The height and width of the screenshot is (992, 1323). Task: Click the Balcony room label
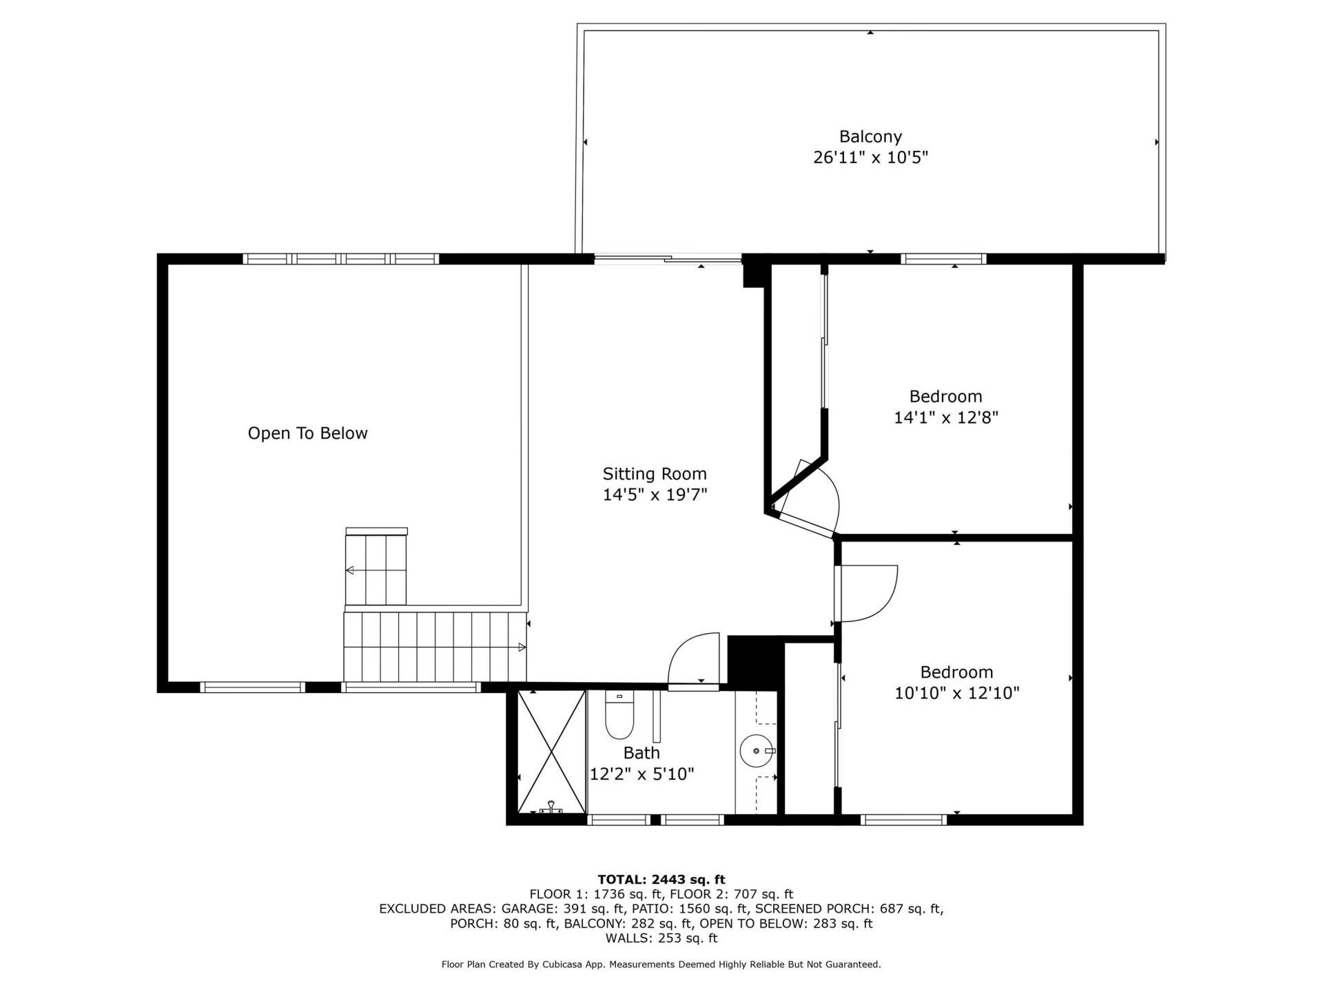coord(870,136)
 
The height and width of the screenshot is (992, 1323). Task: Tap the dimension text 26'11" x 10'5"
coord(870,158)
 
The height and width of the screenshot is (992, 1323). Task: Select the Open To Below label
coord(307,433)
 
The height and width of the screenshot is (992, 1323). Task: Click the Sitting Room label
coord(655,474)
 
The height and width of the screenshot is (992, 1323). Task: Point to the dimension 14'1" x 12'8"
coord(945,417)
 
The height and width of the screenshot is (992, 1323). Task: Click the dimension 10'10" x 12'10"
coord(956,693)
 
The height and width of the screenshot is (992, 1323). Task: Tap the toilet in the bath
coord(619,716)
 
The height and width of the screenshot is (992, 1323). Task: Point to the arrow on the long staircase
coord(522,648)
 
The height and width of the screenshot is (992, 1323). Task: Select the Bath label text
coord(642,753)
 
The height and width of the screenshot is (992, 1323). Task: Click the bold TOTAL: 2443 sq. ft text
coord(661,880)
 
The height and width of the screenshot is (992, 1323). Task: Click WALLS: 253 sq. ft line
coord(661,938)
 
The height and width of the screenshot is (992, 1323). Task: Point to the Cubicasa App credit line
coord(661,964)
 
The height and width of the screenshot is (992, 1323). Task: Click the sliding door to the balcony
coord(667,260)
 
